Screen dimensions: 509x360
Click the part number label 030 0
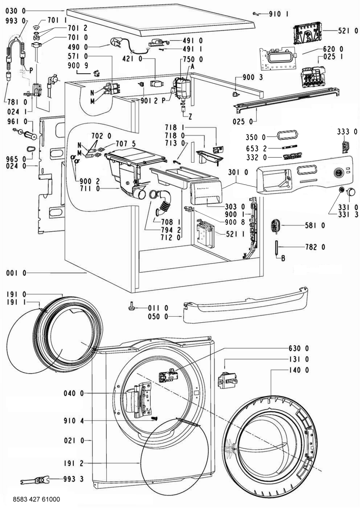[x=15, y=11]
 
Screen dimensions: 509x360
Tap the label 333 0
[x=348, y=132]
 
